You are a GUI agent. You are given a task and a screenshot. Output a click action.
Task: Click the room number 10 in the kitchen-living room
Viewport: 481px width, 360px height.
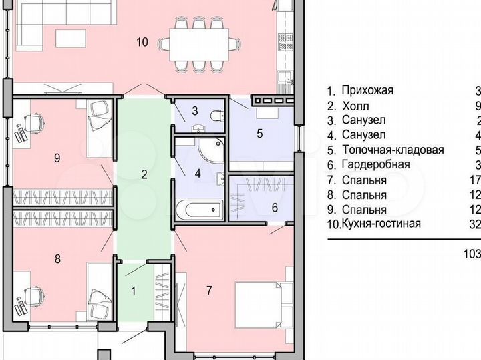pyautogui.click(x=142, y=42)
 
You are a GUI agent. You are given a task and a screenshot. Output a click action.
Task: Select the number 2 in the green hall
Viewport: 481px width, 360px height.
pyautogui.click(x=143, y=175)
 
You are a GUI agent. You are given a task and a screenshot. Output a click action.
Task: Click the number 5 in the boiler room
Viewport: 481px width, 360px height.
pyautogui.click(x=259, y=132)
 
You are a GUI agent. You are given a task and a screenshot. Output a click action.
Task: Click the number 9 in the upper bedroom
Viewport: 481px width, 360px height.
pyautogui.click(x=57, y=158)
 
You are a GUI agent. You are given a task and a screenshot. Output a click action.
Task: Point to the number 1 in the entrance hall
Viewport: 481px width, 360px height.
pyautogui.click(x=132, y=291)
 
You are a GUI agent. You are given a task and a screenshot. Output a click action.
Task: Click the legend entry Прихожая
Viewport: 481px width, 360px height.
pyautogui.click(x=367, y=90)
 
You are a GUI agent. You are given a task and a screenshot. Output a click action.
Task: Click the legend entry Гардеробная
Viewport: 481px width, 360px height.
pyautogui.click(x=375, y=165)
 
